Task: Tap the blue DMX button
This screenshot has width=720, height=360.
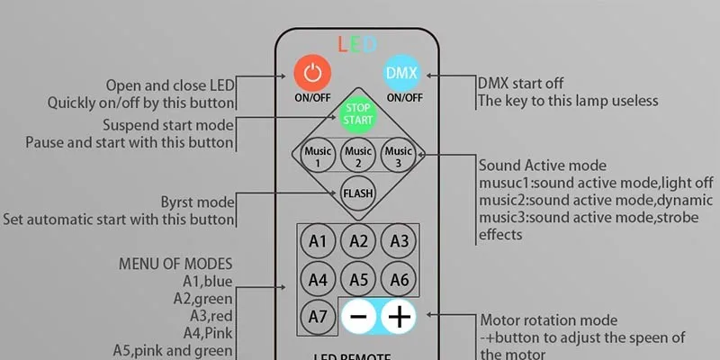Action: [396, 72]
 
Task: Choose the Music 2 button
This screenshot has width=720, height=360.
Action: [358, 155]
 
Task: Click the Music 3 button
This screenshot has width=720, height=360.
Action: [399, 155]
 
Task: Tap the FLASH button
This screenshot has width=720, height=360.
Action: [358, 193]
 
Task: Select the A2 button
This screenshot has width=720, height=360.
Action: [358, 240]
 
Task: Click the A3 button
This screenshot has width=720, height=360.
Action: [399, 240]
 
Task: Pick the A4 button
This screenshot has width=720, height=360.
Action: [317, 278]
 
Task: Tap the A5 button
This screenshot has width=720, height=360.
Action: [358, 278]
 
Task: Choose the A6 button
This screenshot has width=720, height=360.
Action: [399, 278]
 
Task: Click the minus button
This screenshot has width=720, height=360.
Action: [358, 317]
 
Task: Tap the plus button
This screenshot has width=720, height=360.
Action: [399, 317]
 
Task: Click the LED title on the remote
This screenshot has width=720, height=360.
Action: [357, 43]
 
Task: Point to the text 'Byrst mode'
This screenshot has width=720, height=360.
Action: [197, 201]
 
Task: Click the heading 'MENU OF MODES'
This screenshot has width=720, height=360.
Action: [175, 264]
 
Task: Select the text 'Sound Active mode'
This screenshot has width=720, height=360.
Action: [542, 166]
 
